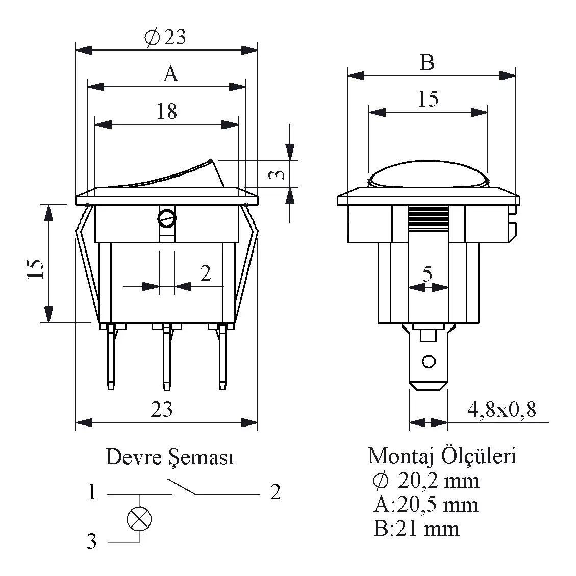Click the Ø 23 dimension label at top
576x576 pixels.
(x=165, y=37)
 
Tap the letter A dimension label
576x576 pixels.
(x=170, y=74)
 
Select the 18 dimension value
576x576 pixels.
(x=166, y=111)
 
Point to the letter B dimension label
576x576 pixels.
(x=427, y=63)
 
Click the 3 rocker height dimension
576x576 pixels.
(x=276, y=174)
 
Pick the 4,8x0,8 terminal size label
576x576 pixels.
(x=501, y=409)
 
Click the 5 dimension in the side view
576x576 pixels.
(x=428, y=274)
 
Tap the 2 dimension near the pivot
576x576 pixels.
(x=205, y=273)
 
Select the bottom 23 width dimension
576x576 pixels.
(x=162, y=410)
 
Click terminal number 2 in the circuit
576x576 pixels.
(x=275, y=492)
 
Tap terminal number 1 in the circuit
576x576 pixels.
(x=92, y=493)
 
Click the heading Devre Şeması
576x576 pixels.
(x=169, y=457)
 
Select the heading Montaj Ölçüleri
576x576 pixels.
(x=442, y=456)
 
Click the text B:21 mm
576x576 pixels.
(x=416, y=529)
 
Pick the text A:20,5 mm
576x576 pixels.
(x=425, y=505)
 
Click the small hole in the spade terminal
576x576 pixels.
(x=429, y=362)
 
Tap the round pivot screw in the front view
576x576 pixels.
(x=167, y=219)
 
